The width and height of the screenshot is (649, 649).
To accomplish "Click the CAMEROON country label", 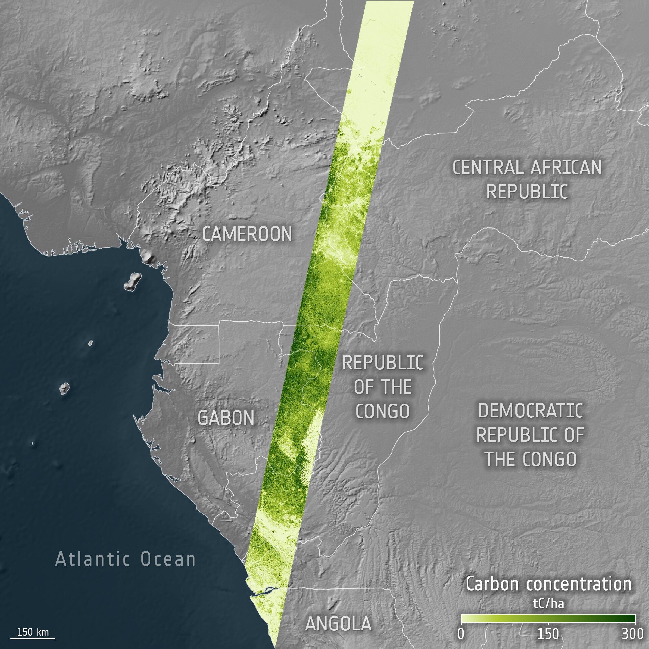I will click(x=247, y=234).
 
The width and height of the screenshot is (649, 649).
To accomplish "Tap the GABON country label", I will click(x=226, y=418).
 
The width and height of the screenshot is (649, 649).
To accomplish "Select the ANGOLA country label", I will click(x=338, y=624).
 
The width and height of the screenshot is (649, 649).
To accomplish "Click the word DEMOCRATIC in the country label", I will click(x=530, y=411).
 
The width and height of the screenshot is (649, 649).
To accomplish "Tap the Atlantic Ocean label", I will click(x=125, y=559).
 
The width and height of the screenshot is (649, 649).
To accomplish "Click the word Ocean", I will click(x=168, y=559).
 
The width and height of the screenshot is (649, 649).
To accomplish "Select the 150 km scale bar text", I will click(x=33, y=632).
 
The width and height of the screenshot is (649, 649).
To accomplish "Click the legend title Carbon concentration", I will click(x=548, y=584).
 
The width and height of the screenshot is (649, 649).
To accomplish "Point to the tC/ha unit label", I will click(x=549, y=604).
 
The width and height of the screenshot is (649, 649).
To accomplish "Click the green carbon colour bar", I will click(x=548, y=618).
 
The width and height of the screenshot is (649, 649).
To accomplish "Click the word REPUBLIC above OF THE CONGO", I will click(x=383, y=363).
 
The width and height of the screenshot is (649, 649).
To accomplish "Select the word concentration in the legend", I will click(x=579, y=584).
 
